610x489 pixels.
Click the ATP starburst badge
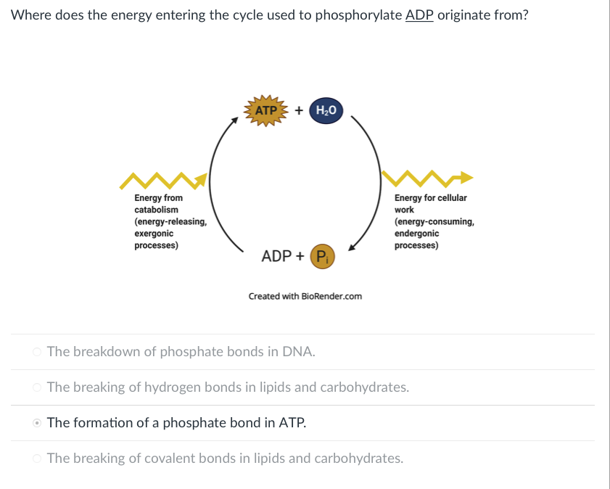tap(268, 111)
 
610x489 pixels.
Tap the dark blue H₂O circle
tap(326, 110)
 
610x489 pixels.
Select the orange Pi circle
tap(322, 256)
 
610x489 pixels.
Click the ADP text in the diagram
tap(276, 256)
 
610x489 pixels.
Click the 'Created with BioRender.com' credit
tap(305, 296)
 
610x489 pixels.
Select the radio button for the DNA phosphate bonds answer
tap(37, 352)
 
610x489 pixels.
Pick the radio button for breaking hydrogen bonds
tap(37, 387)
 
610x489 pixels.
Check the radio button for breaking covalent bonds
tap(37, 459)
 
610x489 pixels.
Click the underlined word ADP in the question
tap(419, 15)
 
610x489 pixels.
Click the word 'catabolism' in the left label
tap(156, 210)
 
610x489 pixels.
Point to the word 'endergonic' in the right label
tap(416, 234)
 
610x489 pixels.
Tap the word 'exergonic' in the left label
tap(154, 234)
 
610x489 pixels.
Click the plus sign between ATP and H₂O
tap(298, 110)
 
